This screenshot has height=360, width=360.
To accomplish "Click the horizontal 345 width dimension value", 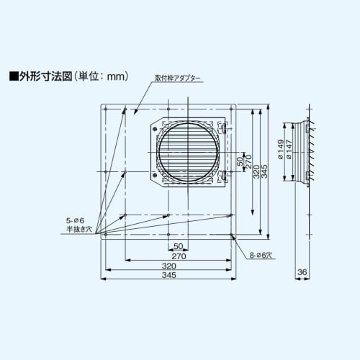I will pyautogui.click(x=169, y=276).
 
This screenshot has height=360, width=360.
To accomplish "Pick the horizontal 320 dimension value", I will pyautogui.click(x=169, y=266).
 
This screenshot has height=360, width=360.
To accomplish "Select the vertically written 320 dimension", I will pyautogui.click(x=256, y=171).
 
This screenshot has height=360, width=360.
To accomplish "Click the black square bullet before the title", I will pyautogui.click(x=12, y=75).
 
